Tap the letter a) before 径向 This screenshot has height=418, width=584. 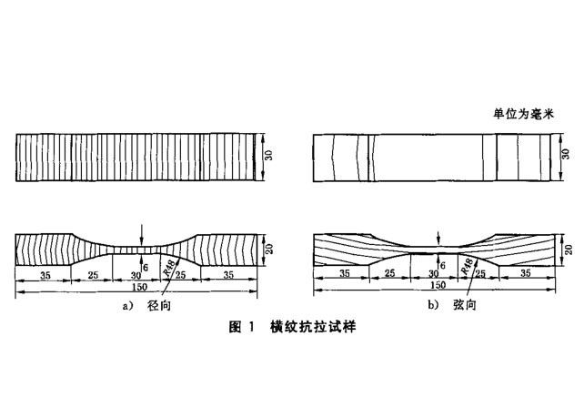[127, 306]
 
